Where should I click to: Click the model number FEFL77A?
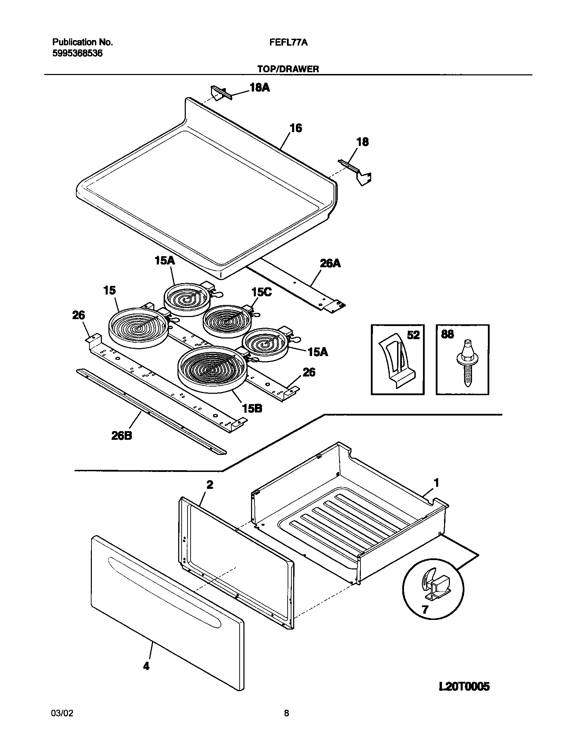click(288, 43)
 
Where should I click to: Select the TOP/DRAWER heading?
click(288, 69)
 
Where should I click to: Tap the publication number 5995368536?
click(77, 54)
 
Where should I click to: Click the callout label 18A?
click(260, 88)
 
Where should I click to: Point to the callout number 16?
click(296, 128)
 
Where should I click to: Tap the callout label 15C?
click(261, 292)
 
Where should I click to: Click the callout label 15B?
click(252, 409)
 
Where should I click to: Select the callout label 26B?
click(122, 436)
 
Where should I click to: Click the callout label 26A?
click(330, 263)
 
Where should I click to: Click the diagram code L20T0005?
click(464, 677)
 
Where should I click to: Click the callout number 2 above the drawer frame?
click(210, 485)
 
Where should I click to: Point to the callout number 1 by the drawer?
click(436, 483)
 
